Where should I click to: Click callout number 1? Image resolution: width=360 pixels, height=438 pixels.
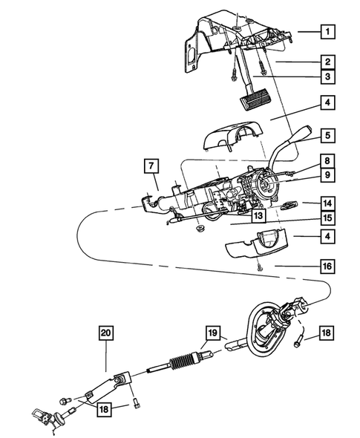(x=327, y=32)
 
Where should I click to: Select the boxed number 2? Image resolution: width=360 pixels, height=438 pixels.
(x=327, y=62)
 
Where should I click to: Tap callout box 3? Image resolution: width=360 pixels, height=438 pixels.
(x=327, y=76)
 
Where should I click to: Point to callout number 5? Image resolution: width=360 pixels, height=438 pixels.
(x=327, y=137)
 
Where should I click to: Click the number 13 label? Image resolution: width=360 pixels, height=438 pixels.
(x=238, y=216)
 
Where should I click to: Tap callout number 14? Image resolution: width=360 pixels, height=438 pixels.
(x=327, y=203)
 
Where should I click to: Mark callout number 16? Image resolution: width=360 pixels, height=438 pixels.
(x=327, y=264)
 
